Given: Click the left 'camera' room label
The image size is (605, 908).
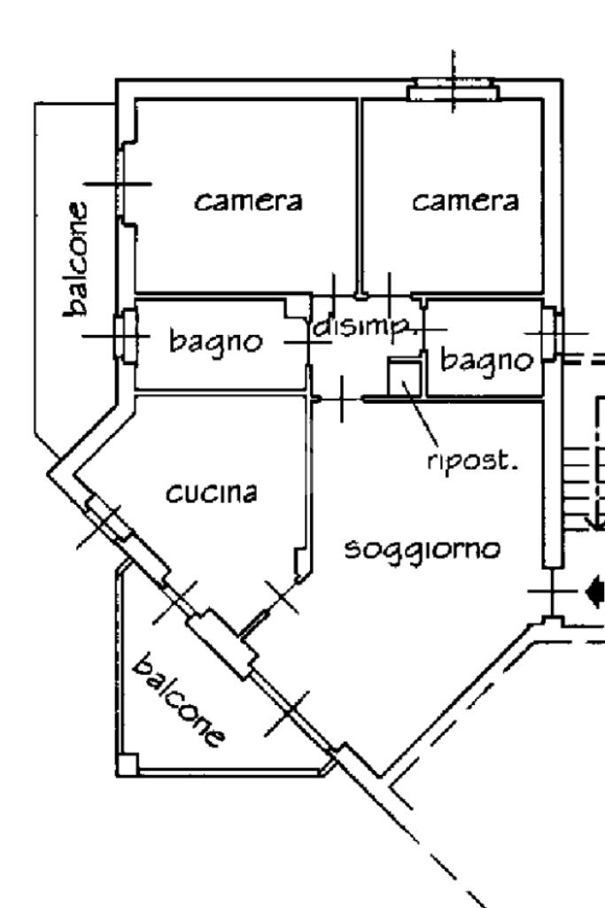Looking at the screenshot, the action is (248, 201).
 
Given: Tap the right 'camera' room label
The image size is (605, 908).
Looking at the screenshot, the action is (465, 201).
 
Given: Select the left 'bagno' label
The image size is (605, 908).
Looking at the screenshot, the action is (215, 342).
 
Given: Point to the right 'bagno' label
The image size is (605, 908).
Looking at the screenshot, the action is (486, 361).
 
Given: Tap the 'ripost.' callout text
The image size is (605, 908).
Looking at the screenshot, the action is (471, 461).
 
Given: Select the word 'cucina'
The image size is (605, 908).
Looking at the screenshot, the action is (212, 493).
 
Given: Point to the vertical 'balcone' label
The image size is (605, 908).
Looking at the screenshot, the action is (76, 259).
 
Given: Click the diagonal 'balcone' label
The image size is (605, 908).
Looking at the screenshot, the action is (178, 700).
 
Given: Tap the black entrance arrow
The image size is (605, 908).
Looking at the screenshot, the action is (595, 592).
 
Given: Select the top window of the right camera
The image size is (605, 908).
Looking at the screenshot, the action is (452, 89).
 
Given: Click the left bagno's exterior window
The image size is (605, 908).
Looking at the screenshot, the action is (127, 335).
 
